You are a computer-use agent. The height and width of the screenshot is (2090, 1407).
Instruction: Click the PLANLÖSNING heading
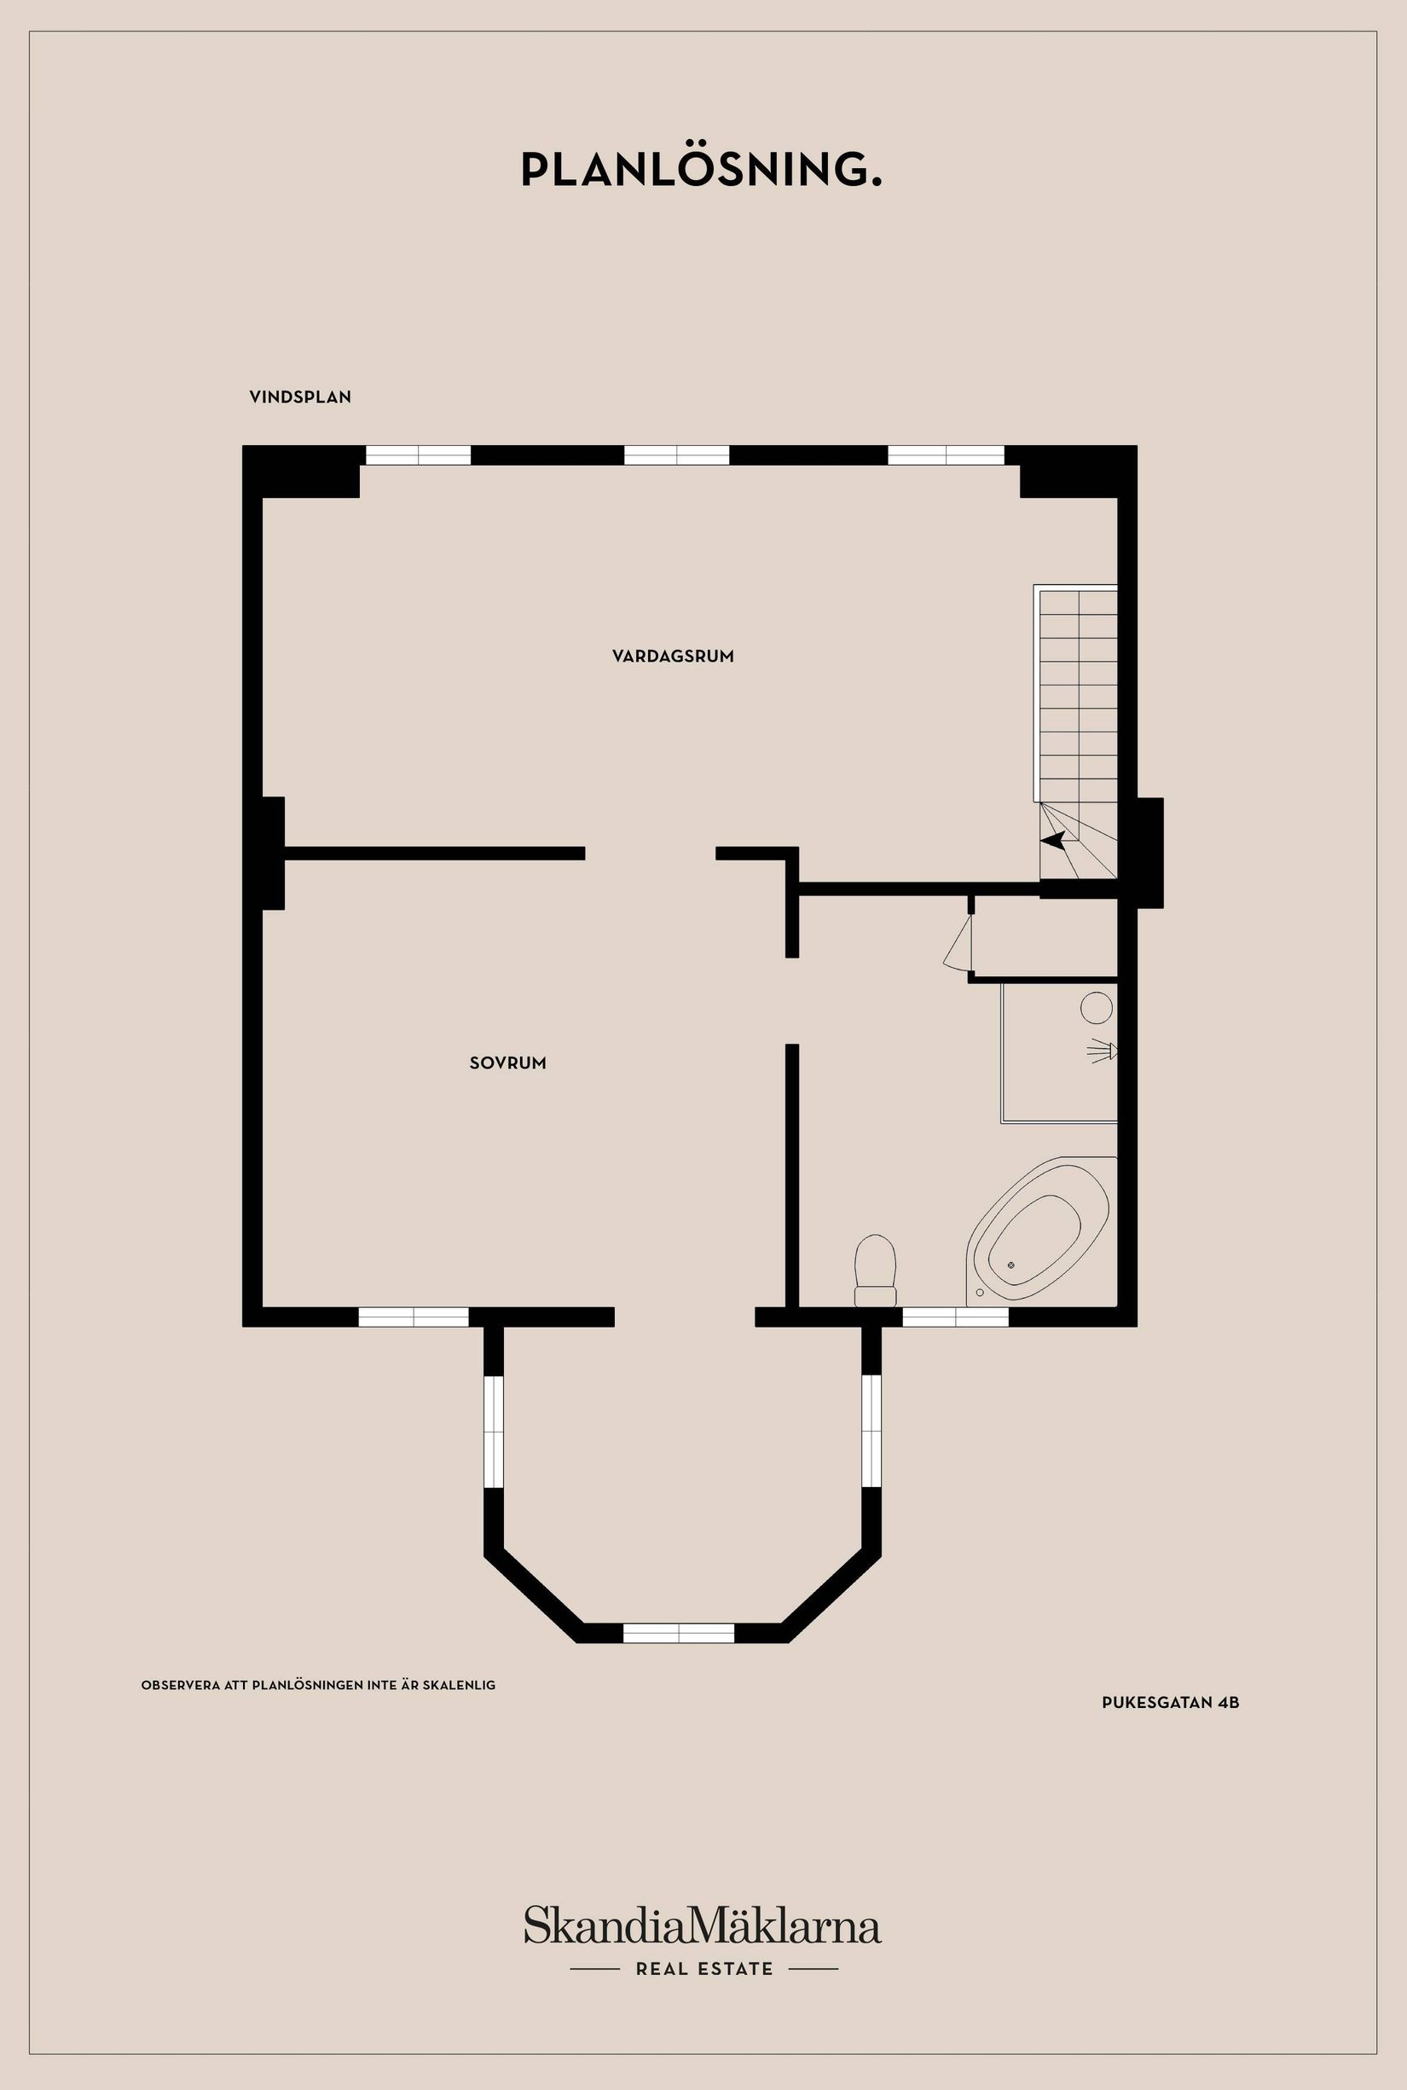tap(702, 170)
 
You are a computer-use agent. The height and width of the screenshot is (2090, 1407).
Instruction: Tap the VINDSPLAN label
tap(299, 397)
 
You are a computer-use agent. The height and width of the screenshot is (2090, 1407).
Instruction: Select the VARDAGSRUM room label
tap(673, 656)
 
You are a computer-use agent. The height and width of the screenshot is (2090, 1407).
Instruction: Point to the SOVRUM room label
tap(508, 1062)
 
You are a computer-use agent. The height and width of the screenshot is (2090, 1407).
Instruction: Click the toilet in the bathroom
tap(876, 1270)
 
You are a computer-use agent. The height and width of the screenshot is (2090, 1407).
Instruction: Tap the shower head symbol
tap(1102, 1050)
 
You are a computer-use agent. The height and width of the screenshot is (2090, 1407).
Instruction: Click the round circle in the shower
tap(1097, 1008)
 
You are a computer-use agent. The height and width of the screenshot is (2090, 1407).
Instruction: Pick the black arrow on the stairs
tap(1051, 841)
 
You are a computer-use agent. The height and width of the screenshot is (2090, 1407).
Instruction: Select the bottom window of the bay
tap(679, 1633)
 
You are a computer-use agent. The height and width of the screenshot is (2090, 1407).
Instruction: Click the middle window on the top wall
tap(676, 455)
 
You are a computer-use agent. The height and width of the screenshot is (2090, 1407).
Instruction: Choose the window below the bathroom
tap(956, 1317)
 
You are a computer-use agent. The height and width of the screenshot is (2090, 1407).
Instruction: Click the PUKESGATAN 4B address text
tap(1170, 1702)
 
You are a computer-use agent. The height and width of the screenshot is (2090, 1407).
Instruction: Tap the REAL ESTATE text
tap(704, 1969)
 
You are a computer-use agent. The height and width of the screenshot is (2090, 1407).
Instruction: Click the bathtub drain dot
tap(1011, 1265)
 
